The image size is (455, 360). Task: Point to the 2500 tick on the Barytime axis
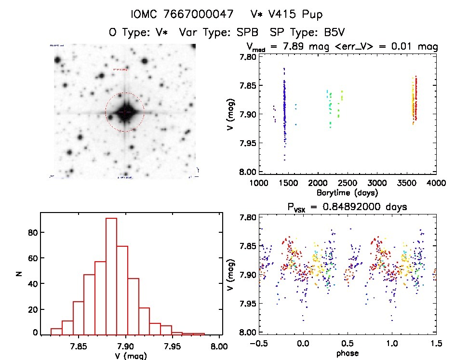click(x=348, y=183)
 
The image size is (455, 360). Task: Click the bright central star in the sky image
click(x=124, y=112)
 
